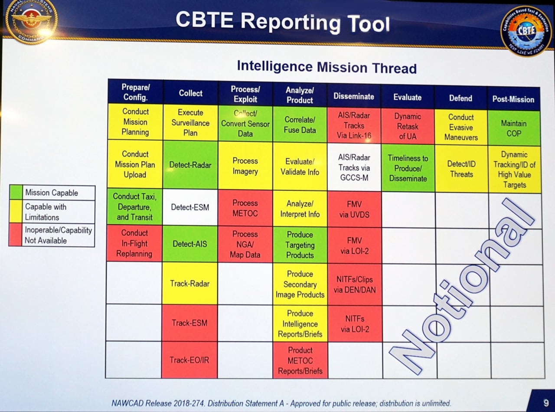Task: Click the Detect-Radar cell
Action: (190, 165)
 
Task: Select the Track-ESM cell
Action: (189, 323)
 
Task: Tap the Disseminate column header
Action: (353, 96)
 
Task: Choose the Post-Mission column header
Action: (513, 99)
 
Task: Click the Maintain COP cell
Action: (514, 128)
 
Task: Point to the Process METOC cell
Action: (245, 208)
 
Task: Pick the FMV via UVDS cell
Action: (354, 209)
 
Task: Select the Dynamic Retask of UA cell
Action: (408, 126)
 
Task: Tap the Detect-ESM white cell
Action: (189, 207)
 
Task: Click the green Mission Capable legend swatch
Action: (16, 192)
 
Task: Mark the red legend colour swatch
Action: (15, 235)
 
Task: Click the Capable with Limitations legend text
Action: (46, 212)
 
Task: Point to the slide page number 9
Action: (546, 403)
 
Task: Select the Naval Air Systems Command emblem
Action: (31, 20)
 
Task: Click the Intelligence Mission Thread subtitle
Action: (326, 67)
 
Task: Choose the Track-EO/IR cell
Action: (189, 360)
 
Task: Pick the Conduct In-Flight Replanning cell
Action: (134, 243)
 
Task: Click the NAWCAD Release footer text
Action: (281, 403)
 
